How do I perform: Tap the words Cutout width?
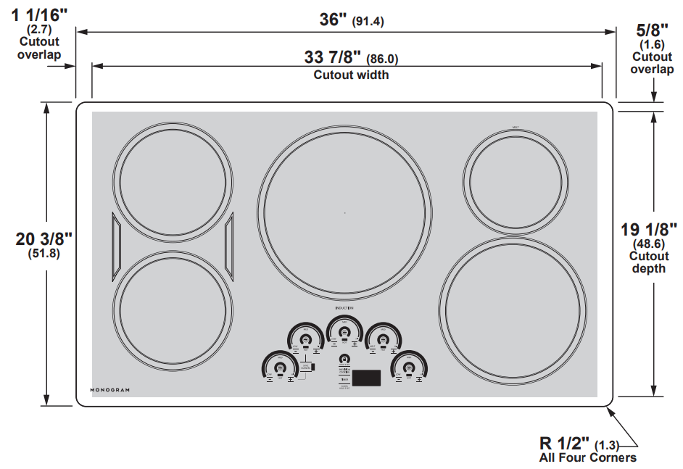click(x=351, y=75)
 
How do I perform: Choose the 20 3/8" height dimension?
click(x=44, y=239)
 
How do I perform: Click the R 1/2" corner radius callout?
click(x=566, y=442)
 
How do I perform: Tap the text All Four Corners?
click(x=587, y=457)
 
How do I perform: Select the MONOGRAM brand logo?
click(x=110, y=390)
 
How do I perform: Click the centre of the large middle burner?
click(x=344, y=212)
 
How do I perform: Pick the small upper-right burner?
click(x=516, y=180)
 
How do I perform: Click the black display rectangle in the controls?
click(x=368, y=378)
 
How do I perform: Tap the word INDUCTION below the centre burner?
click(x=344, y=309)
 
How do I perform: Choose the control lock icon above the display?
click(x=344, y=359)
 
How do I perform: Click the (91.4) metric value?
click(x=368, y=22)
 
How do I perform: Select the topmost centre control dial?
click(x=344, y=331)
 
